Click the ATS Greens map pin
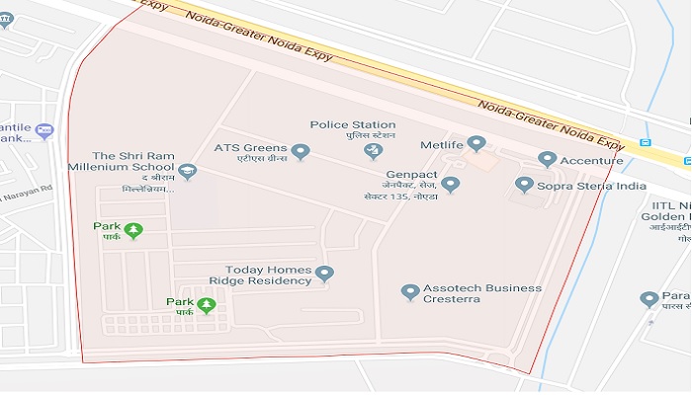[302, 152]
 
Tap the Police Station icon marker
[373, 150]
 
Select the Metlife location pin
[476, 144]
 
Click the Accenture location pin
[547, 159]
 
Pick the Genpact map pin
[451, 184]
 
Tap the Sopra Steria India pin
[524, 185]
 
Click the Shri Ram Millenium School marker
[187, 173]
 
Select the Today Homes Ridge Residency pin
[324, 274]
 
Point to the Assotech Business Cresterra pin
[410, 292]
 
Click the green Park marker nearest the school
[133, 230]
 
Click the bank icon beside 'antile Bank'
[43, 130]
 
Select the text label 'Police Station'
[352, 124]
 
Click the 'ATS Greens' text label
[250, 148]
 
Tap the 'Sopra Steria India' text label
[591, 186]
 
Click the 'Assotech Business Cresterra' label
[482, 293]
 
